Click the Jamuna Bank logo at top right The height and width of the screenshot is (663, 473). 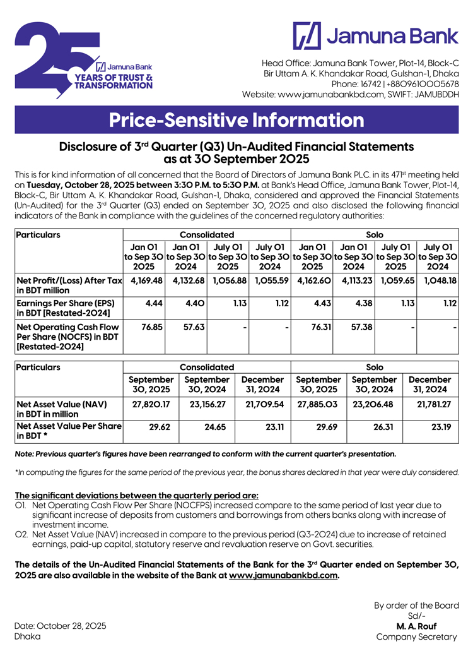pyautogui.click(x=376, y=35)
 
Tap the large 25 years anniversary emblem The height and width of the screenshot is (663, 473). pyautogui.click(x=82, y=61)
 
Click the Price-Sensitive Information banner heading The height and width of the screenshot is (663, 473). pyautogui.click(x=237, y=120)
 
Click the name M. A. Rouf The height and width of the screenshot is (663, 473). pyautogui.click(x=416, y=626)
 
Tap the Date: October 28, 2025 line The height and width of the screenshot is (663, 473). pyautogui.click(x=61, y=626)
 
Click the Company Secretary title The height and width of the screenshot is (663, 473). pyautogui.click(x=416, y=636)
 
